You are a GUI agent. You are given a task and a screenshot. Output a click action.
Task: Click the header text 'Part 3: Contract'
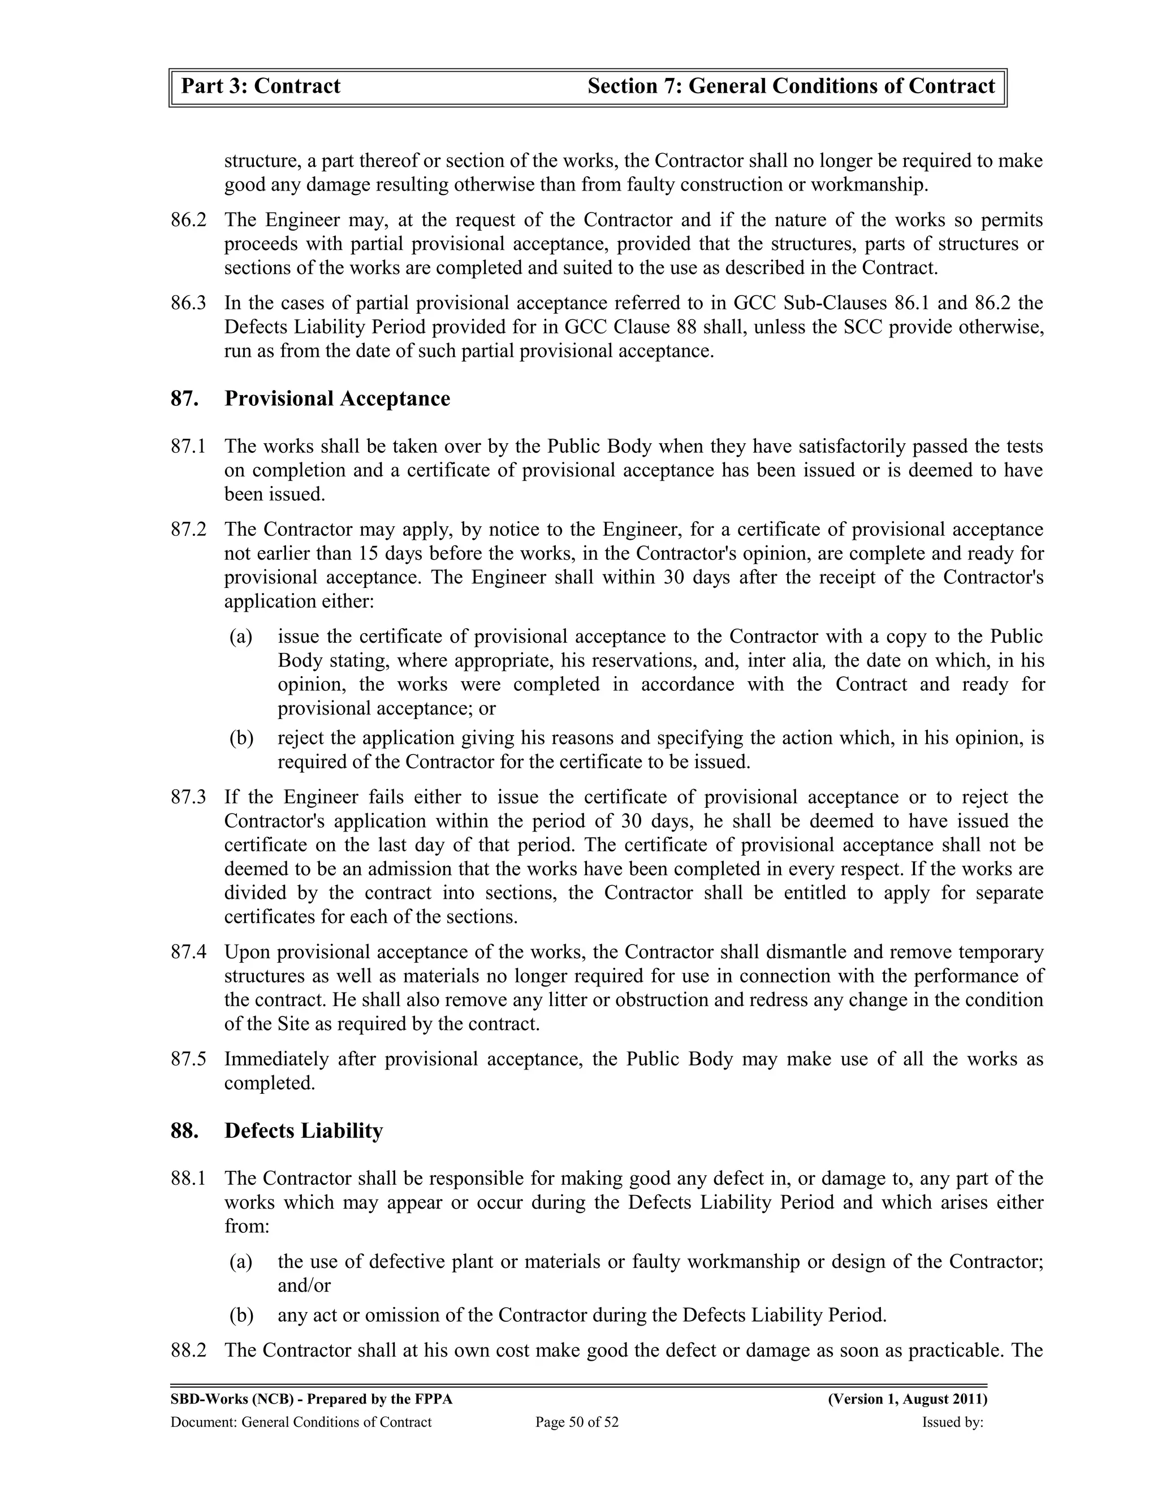261,86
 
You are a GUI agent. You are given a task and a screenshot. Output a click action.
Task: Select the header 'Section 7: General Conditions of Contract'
791,86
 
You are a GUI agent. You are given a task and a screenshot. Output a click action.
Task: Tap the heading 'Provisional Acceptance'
337,399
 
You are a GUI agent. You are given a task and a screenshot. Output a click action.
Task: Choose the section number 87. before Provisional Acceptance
184,399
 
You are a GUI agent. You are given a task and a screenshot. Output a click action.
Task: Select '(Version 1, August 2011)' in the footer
907,1399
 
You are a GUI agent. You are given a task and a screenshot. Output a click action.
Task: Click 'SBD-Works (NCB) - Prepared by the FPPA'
312,1399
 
